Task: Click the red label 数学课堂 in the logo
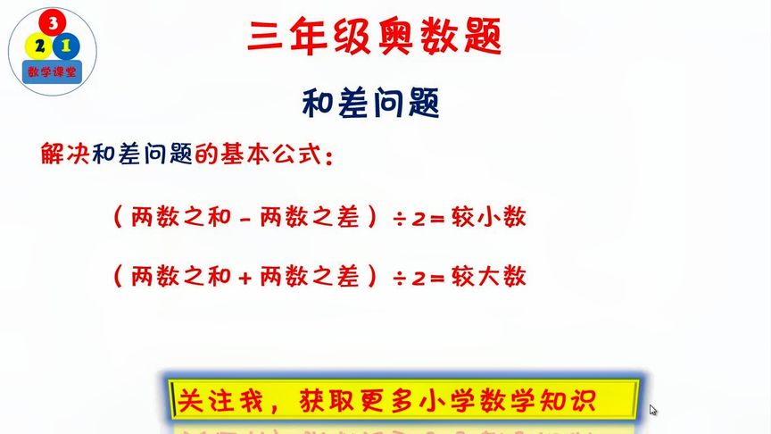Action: point(51,70)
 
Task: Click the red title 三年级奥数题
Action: point(374,38)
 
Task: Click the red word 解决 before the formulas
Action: point(60,154)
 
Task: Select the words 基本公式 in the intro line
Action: point(268,154)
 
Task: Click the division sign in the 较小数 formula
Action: point(401,219)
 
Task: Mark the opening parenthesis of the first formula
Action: point(117,219)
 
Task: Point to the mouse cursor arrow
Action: point(653,410)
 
